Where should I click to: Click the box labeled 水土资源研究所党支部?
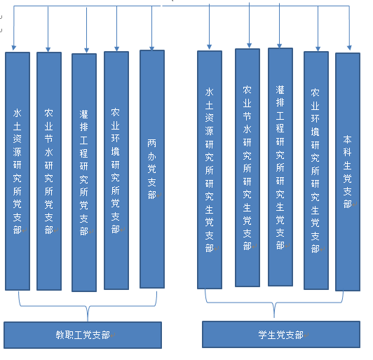(18, 171)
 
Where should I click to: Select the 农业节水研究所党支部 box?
(49, 171)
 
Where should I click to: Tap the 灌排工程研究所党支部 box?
(84, 172)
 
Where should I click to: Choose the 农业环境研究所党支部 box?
(116, 170)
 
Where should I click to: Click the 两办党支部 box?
(152, 169)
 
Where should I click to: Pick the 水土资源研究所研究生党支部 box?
(210, 169)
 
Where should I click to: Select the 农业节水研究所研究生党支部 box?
(247, 167)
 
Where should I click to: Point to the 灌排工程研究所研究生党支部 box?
(280, 167)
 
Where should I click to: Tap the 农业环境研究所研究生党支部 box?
(316, 170)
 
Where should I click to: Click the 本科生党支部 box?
(348, 172)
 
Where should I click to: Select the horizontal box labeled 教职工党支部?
(83, 335)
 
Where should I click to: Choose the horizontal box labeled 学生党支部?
(281, 334)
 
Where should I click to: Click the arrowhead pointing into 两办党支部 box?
(151, 48)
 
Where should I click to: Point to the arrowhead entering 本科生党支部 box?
(349, 48)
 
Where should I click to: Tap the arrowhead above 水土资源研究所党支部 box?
(14, 48)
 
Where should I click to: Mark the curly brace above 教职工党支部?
(88, 306)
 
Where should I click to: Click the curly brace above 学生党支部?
(274, 303)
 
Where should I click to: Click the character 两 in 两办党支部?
(151, 143)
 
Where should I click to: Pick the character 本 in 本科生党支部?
(347, 139)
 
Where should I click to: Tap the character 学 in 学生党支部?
(263, 335)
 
